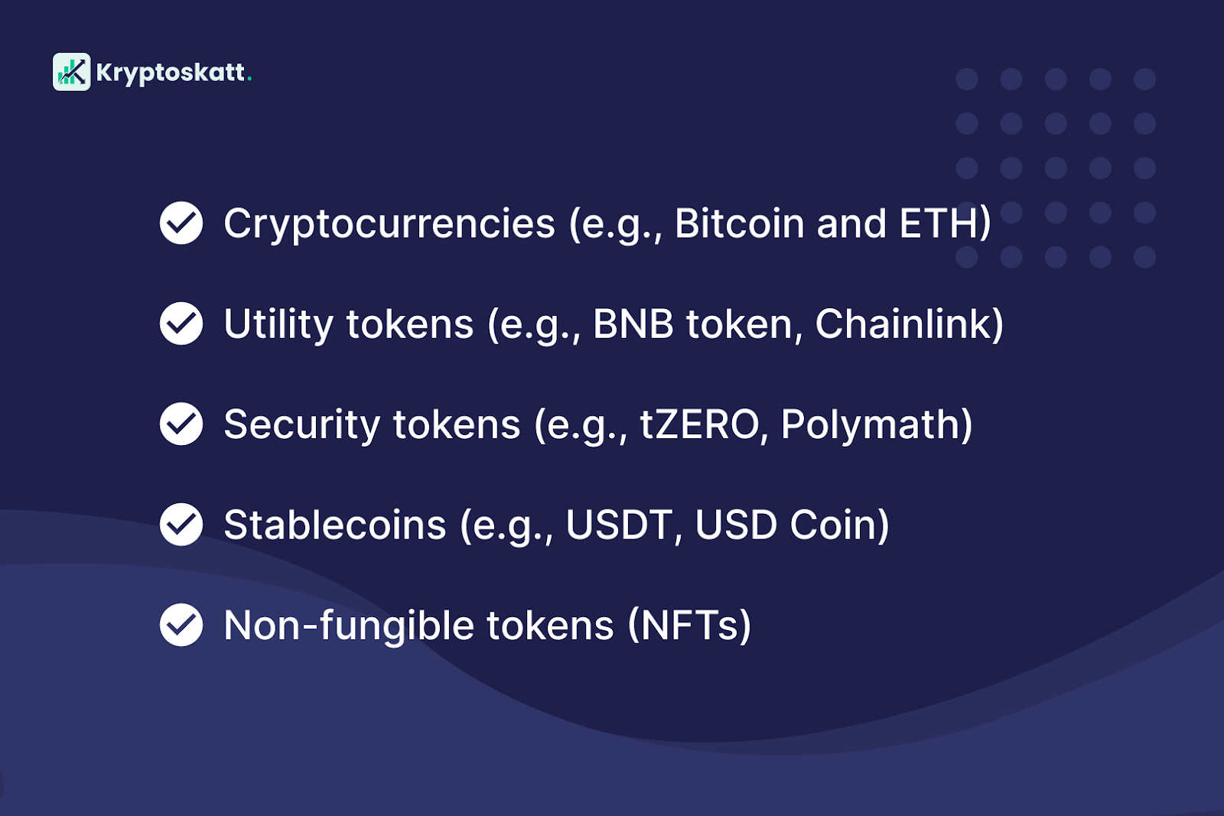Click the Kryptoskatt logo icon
71,72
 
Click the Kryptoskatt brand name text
170,73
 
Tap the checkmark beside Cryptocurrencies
181,223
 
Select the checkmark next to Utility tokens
181,323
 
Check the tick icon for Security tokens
181,424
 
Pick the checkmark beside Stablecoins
181,525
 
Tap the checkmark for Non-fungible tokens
181,625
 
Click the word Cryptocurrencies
389,224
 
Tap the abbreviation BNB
633,324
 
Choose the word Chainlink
903,324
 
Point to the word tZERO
699,425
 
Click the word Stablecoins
334,525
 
